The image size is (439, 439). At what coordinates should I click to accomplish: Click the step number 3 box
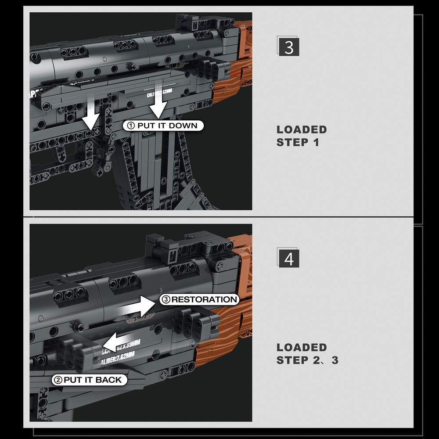pyautogui.click(x=289, y=47)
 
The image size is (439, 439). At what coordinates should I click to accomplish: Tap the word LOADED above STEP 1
pyautogui.click(x=302, y=130)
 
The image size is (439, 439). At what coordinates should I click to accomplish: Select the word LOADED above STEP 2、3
pyautogui.click(x=302, y=347)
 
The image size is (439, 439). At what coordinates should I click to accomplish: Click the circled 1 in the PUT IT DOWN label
pyautogui.click(x=130, y=126)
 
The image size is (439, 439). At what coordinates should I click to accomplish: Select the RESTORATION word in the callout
pyautogui.click(x=204, y=300)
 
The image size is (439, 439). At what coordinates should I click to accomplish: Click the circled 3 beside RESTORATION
pyautogui.click(x=166, y=300)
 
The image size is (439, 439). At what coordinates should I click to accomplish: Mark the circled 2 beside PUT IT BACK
pyautogui.click(x=58, y=380)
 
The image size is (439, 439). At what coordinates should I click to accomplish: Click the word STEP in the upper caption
pyautogui.click(x=293, y=143)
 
